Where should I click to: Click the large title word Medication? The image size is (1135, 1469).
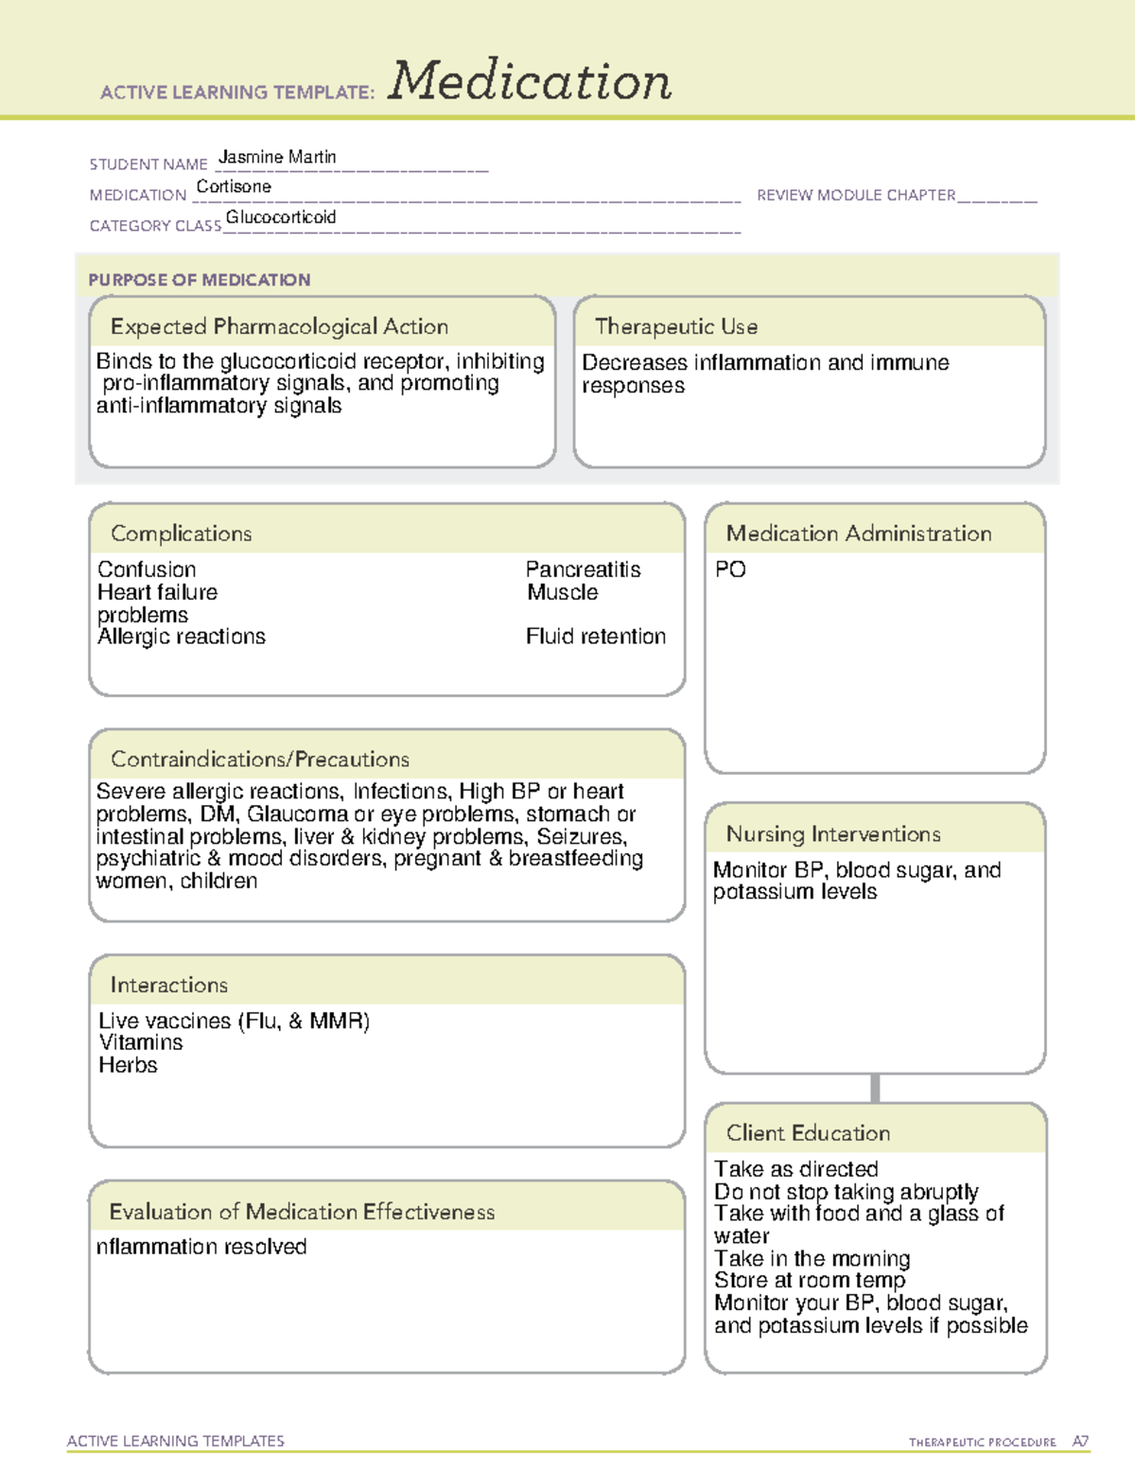click(x=530, y=81)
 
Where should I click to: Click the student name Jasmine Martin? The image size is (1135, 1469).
click(x=277, y=157)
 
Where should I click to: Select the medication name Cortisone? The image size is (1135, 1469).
click(x=234, y=187)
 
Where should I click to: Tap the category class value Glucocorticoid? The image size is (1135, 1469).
click(x=281, y=218)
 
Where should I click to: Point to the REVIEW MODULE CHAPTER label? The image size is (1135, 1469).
click(x=856, y=195)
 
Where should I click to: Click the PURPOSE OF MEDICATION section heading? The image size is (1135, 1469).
click(x=200, y=280)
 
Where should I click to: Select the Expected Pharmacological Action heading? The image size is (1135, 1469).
click(x=279, y=326)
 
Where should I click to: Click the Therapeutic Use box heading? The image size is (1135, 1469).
click(x=676, y=326)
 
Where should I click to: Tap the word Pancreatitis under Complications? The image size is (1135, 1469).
click(x=583, y=569)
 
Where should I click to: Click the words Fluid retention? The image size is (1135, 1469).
click(x=596, y=637)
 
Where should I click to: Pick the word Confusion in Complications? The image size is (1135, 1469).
click(x=147, y=569)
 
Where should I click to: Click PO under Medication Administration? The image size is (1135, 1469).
click(x=730, y=569)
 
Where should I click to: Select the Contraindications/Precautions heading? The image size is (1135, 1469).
click(x=260, y=759)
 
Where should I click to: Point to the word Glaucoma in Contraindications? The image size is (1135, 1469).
click(x=297, y=813)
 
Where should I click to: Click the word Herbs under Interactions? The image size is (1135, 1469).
click(x=128, y=1065)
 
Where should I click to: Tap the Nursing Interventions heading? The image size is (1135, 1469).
click(x=833, y=833)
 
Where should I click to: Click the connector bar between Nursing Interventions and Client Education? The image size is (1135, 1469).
click(x=875, y=1088)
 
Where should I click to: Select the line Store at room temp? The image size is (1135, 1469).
click(x=810, y=1281)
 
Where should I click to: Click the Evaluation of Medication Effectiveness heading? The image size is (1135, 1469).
click(x=302, y=1212)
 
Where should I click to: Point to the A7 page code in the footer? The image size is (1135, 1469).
click(x=1080, y=1442)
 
